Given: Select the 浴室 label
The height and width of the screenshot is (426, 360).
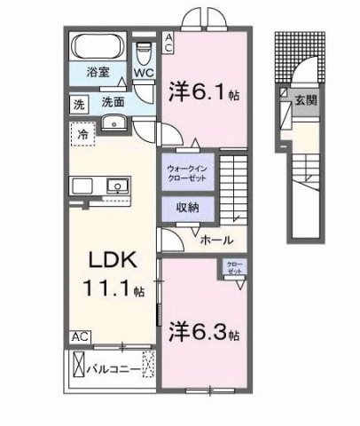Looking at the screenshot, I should (98, 75).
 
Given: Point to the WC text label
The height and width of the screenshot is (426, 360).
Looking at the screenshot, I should (144, 75).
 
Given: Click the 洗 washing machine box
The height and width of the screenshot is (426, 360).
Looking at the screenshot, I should (79, 103).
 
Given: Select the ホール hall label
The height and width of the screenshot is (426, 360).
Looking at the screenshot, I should (216, 240).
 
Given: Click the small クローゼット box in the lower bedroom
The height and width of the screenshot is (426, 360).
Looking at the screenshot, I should (234, 267).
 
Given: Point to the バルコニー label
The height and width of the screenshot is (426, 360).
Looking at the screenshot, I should (117, 367).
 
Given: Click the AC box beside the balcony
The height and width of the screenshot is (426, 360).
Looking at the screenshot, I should (80, 337).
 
